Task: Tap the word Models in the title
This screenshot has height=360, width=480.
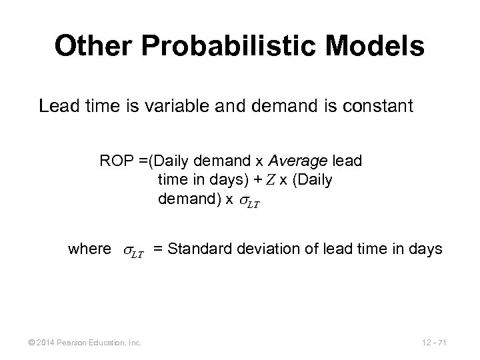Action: pyautogui.click(x=379, y=46)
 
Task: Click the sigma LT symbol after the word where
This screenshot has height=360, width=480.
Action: pyautogui.click(x=132, y=251)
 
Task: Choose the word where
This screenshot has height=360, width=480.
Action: pyautogui.click(x=89, y=249)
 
